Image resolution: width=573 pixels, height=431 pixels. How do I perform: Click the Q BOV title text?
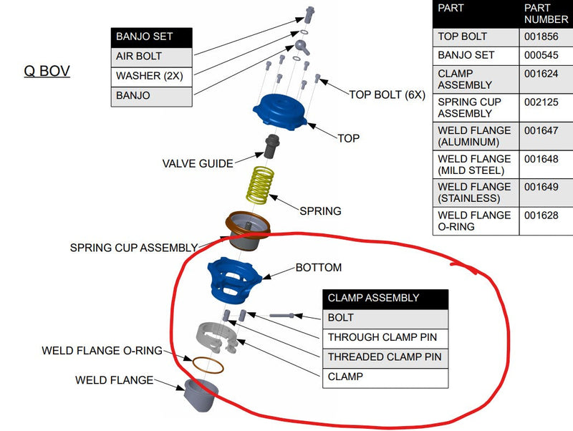coord(47,72)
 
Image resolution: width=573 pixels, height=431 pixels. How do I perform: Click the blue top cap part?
coord(280,112)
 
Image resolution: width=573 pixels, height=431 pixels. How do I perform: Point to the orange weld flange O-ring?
coord(207,365)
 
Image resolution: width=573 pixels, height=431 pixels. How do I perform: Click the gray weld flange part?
coord(200,394)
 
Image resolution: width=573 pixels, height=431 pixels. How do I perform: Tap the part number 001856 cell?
coord(545,37)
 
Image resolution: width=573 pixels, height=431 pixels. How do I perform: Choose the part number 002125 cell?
coord(545,107)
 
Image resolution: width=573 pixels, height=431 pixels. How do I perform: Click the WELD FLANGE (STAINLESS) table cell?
coord(476,193)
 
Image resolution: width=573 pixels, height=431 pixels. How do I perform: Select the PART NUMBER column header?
coord(545,14)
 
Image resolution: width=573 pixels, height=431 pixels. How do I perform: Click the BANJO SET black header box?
coord(151,37)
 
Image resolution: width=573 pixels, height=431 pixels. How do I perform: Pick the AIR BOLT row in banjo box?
coord(151,56)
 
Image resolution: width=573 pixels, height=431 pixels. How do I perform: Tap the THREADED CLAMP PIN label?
coord(385,357)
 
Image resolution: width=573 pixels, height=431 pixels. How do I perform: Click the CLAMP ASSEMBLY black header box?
coord(385,298)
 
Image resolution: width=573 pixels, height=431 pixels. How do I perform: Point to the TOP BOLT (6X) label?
coord(387,94)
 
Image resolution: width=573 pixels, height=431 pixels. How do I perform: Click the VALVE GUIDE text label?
coord(197,163)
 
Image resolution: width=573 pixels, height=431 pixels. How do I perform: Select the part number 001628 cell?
coord(545,220)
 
